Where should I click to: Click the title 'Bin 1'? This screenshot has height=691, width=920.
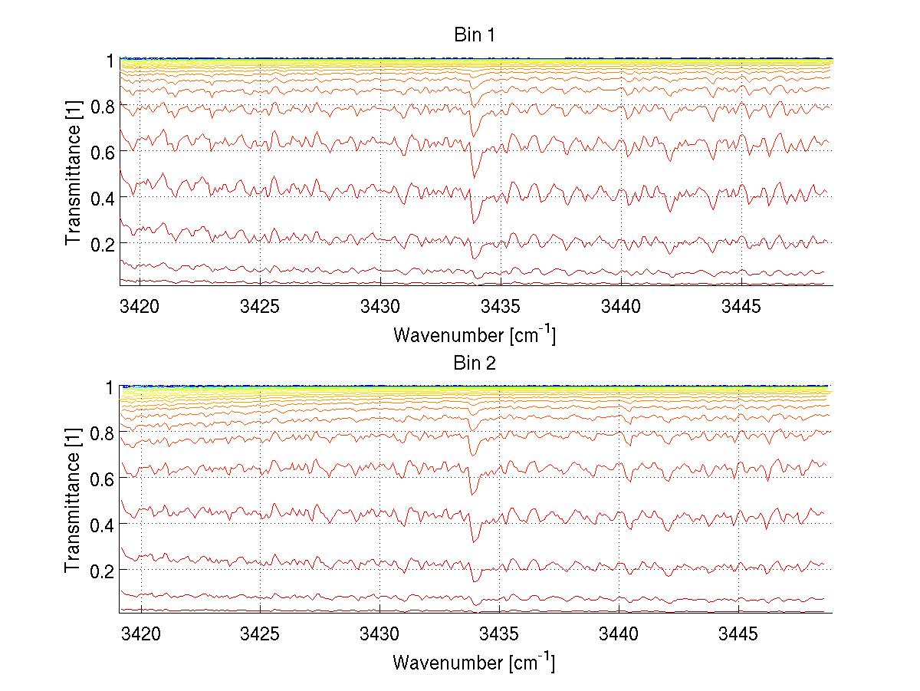(474, 35)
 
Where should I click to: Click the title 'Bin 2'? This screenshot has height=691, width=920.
(474, 363)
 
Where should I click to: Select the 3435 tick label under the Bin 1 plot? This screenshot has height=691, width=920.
(500, 308)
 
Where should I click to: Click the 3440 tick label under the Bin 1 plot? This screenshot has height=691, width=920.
(619, 308)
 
